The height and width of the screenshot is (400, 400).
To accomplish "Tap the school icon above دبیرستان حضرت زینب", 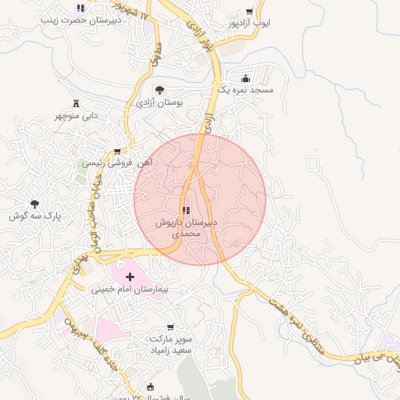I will [80, 9].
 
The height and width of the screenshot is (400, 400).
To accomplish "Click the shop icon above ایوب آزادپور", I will [249, 11].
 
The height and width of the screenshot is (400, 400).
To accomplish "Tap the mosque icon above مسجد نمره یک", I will [246, 78].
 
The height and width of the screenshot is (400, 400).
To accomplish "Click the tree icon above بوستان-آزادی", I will [160, 90].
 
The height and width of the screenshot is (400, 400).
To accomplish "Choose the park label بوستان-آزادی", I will [159, 102].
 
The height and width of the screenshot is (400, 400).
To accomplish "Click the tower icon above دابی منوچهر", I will [76, 103].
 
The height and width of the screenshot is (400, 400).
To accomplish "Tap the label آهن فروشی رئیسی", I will [117, 163].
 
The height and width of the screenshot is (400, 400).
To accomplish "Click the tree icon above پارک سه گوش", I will [34, 203].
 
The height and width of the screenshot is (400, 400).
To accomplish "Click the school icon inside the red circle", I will [186, 210].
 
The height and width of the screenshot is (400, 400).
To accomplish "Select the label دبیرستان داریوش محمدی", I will [187, 227].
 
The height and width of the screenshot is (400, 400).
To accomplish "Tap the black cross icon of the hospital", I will [130, 277].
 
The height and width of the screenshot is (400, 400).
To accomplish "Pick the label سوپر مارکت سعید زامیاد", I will [173, 346].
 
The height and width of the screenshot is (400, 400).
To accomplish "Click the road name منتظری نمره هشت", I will [297, 321].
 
